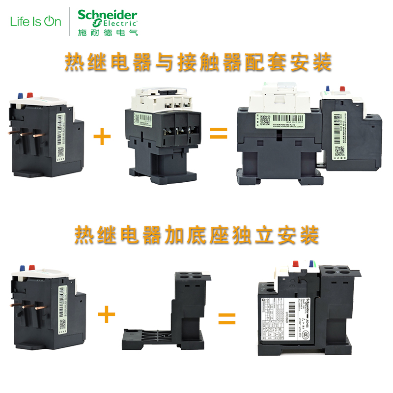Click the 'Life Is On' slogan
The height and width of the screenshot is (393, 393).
pos(36,22)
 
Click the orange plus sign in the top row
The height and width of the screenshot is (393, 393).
pos(102,135)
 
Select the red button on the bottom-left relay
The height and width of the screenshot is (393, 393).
pos(31,268)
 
